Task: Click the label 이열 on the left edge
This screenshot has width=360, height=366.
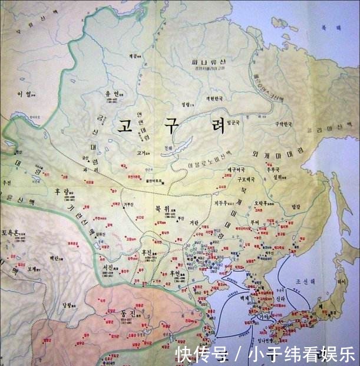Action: click(24, 94)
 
